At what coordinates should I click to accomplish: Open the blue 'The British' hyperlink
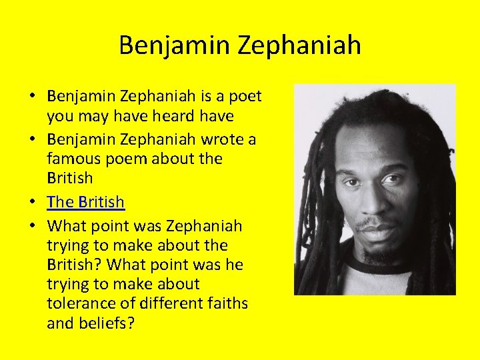tap(85, 202)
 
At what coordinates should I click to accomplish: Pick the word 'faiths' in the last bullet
tap(225, 303)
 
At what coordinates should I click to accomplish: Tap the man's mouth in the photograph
tap(371, 225)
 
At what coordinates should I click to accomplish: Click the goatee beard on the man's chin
tap(373, 250)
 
